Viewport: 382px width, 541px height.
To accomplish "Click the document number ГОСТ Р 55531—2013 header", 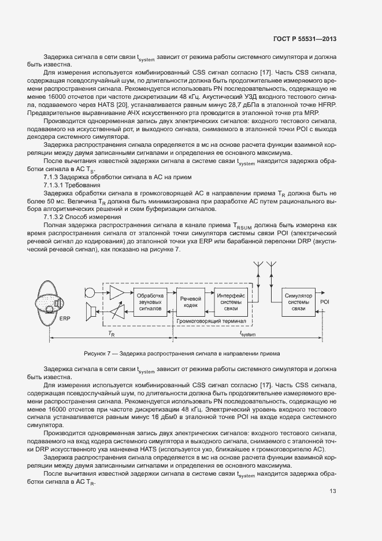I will coord(305,39).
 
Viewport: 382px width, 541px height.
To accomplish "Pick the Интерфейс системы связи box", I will coord(231,301).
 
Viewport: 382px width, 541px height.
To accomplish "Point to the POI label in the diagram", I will coord(325,302).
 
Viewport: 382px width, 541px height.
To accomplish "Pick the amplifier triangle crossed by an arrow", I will coord(117,313).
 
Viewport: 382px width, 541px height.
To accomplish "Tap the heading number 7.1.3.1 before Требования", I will coord(55,184).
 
